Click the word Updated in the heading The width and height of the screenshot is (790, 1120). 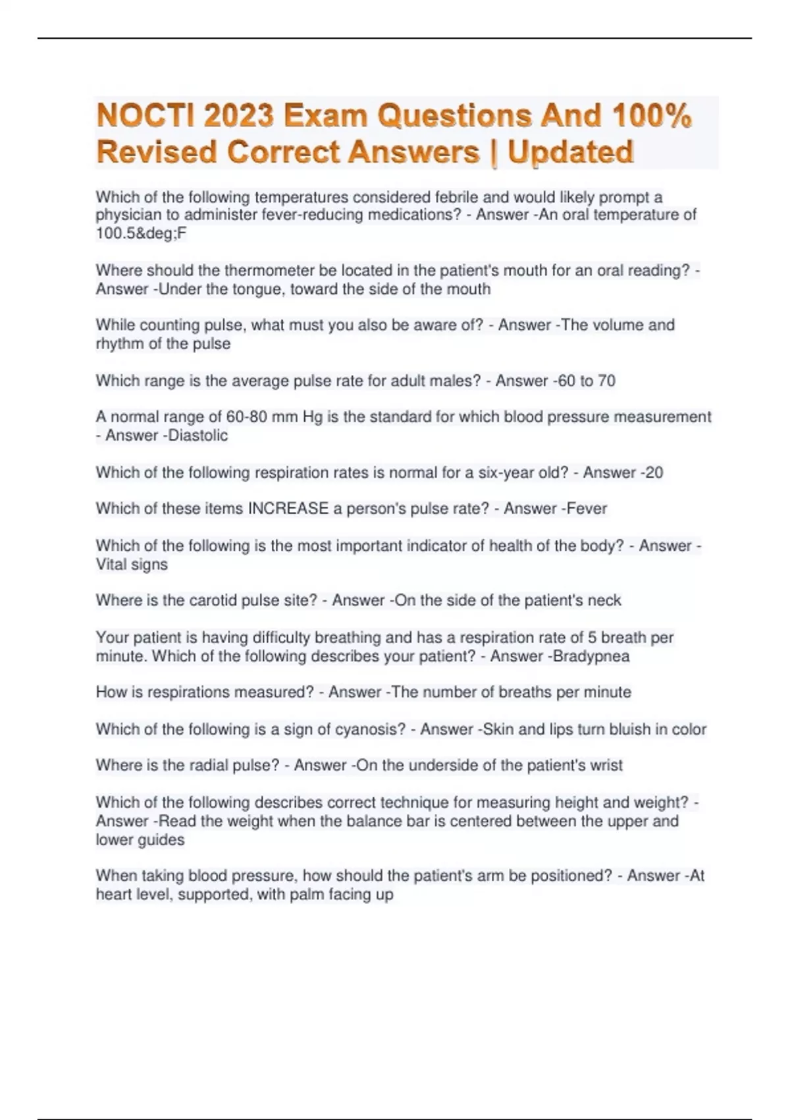[x=571, y=152]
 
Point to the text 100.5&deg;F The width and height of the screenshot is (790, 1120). [x=141, y=233]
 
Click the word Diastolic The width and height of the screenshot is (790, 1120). [x=197, y=435]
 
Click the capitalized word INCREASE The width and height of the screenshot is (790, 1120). [x=288, y=509]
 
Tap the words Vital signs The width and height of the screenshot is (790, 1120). [x=132, y=565]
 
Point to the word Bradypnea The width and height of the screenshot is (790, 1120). [x=591, y=656]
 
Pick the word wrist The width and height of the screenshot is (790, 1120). [x=606, y=766]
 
